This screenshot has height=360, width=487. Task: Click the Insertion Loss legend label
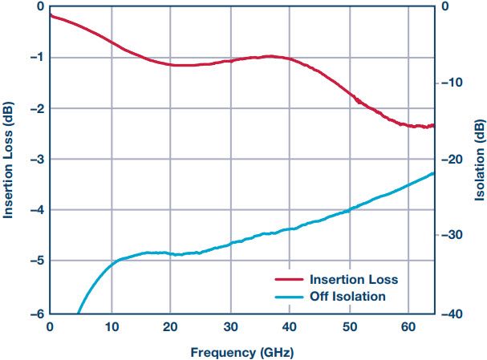coord(353,280)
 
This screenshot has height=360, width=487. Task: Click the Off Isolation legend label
coord(347,297)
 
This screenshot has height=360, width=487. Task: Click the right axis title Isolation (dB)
coord(479,160)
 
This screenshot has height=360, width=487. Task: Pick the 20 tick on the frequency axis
coord(170,327)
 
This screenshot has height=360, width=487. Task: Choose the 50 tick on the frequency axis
coord(350,327)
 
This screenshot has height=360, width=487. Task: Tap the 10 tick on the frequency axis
coord(110,327)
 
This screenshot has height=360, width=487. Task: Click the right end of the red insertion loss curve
coord(433,125)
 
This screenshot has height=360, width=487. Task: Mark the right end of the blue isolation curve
coord(433,173)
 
